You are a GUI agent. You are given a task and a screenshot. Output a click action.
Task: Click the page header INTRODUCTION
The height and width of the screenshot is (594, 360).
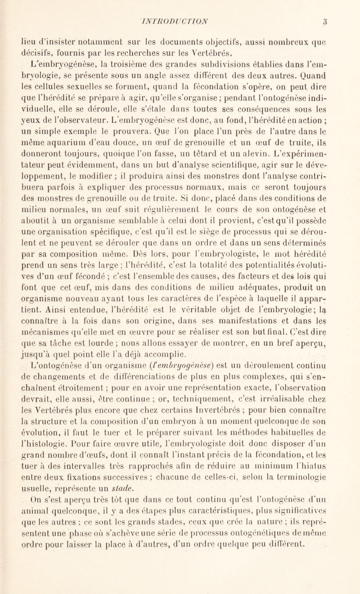pos(180,9)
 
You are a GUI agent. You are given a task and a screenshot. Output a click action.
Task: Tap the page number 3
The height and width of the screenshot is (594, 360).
pos(343,9)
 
